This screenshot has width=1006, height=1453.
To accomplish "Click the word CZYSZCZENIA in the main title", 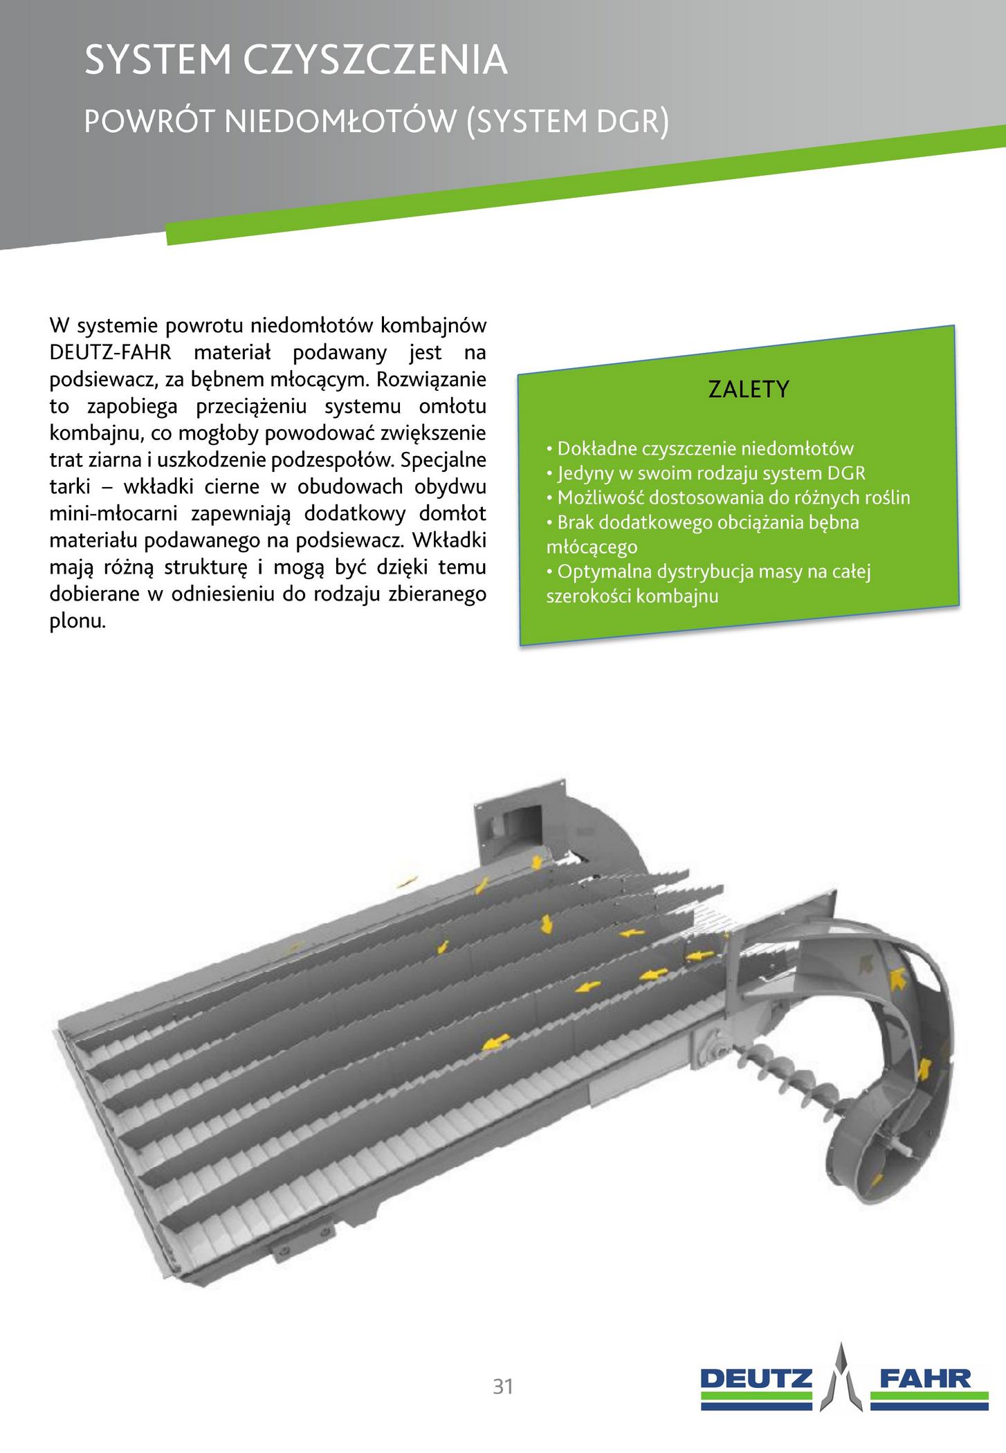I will [x=376, y=61].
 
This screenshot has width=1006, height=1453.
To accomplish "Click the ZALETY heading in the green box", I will [x=749, y=390].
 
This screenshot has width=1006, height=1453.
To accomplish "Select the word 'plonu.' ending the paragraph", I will [x=78, y=621].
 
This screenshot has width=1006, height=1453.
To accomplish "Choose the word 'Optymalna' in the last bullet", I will [x=598, y=572].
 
